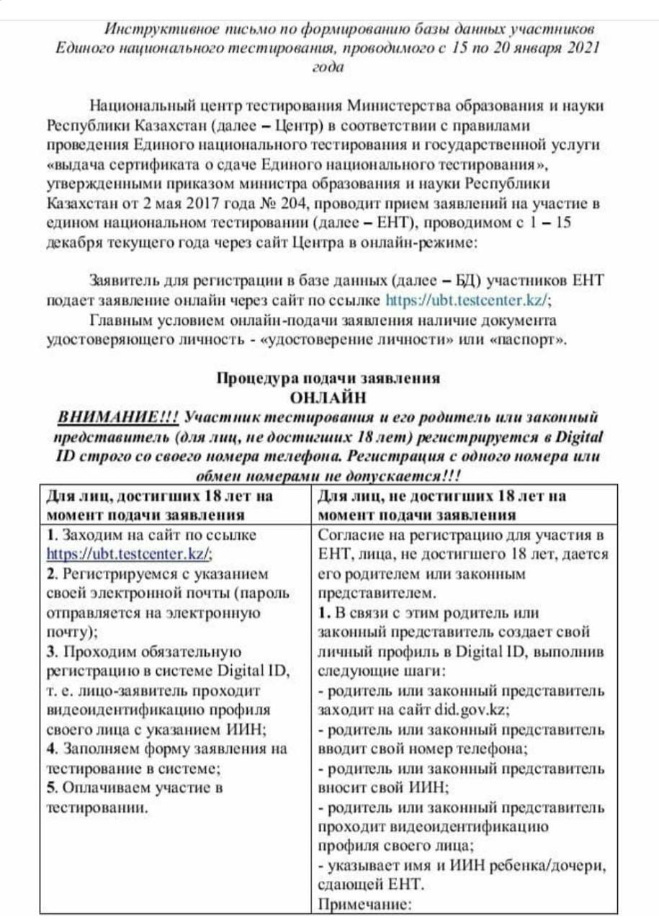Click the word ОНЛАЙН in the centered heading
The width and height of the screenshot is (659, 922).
(x=328, y=397)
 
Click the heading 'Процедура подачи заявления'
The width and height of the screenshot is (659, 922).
(x=328, y=378)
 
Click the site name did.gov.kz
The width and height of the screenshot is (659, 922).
(x=472, y=710)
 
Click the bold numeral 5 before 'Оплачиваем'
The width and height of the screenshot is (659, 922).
(x=50, y=787)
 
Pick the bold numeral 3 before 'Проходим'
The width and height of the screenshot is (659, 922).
(x=50, y=653)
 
